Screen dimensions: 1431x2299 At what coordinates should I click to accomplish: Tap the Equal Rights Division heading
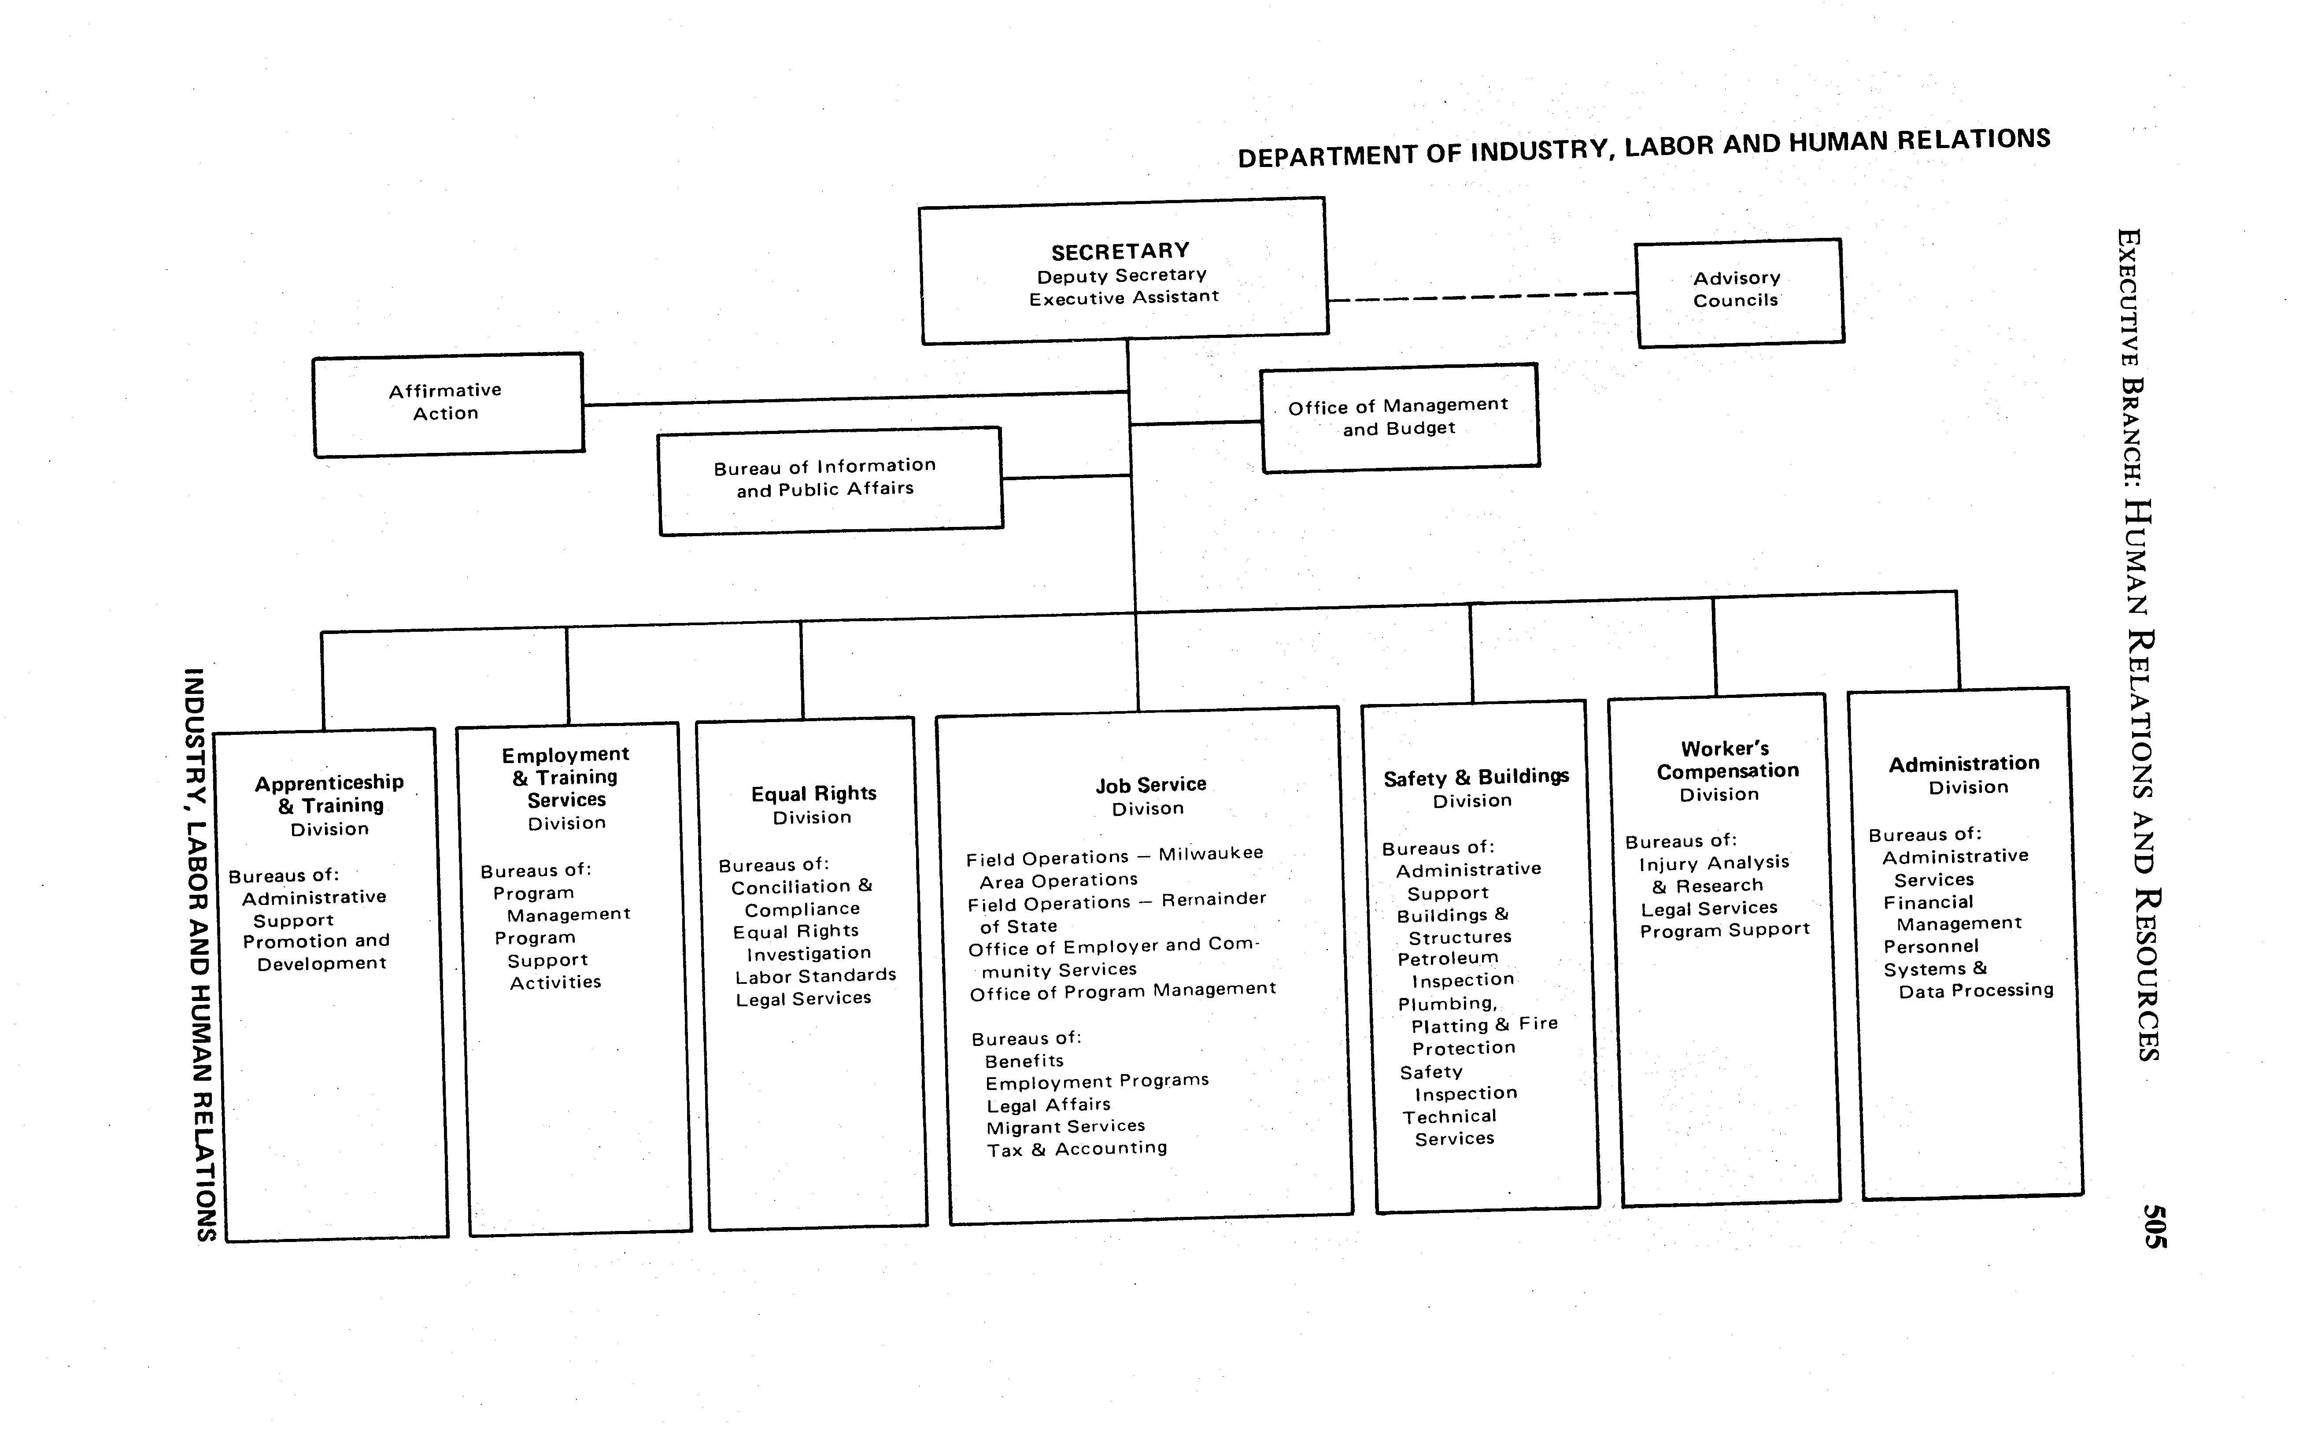pyautogui.click(x=813, y=804)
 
